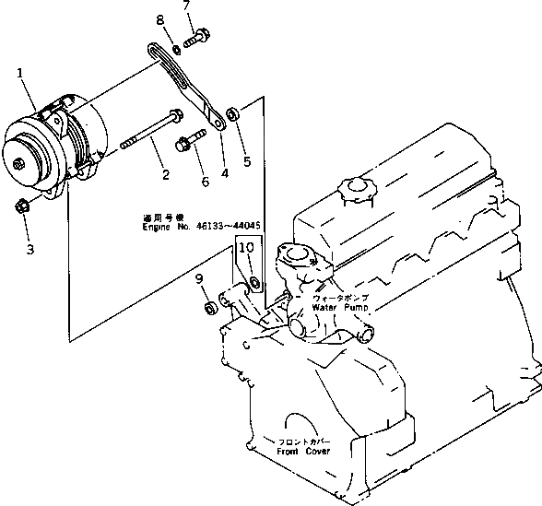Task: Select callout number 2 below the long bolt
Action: (x=165, y=175)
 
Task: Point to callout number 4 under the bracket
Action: (x=224, y=171)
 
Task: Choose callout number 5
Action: (x=246, y=162)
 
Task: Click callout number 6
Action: (x=205, y=182)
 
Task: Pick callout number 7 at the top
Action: (x=187, y=7)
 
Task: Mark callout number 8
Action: (x=160, y=20)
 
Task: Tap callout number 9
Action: (x=199, y=280)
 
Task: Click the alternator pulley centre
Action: (x=19, y=163)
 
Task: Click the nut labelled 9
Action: (x=209, y=302)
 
